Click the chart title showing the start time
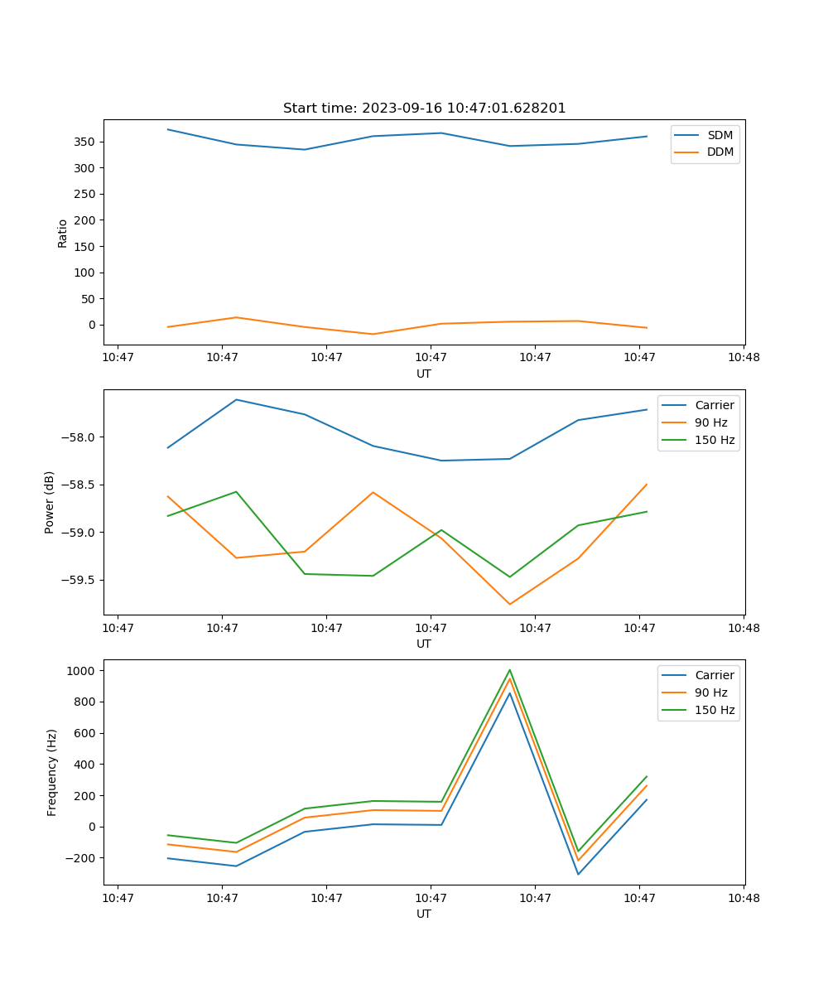click(424, 109)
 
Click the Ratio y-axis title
click(63, 233)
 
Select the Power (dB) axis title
click(51, 502)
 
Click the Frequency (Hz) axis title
click(52, 772)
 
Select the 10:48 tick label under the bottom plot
click(743, 897)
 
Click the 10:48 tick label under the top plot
click(743, 357)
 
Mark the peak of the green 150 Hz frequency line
click(510, 669)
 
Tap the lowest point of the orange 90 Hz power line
click(510, 604)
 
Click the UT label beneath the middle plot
click(424, 644)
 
